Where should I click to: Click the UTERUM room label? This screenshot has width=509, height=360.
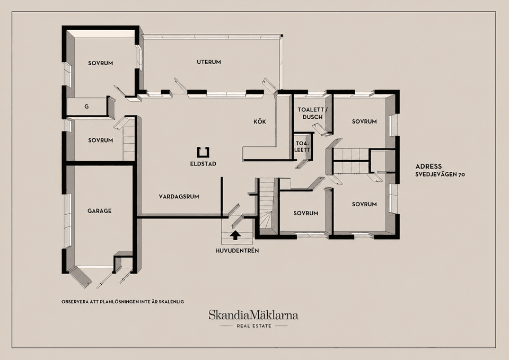pos(209,62)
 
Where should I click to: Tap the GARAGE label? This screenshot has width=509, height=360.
pos(99,210)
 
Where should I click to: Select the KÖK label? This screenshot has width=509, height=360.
pos(260,121)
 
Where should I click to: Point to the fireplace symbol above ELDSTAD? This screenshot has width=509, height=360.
pos(203,152)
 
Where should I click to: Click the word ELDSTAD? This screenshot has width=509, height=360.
pos(203,164)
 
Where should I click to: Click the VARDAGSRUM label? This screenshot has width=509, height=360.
pos(179,196)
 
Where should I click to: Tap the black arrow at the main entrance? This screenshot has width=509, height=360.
pos(235,235)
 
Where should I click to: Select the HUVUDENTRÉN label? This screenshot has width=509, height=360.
pos(238,251)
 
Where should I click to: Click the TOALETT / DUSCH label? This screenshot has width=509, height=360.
pos(311,113)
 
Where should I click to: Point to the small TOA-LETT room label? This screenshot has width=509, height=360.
pos(302,146)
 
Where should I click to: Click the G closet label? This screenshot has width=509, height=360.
pos(86,107)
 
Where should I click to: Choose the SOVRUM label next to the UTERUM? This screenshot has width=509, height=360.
pos(100,63)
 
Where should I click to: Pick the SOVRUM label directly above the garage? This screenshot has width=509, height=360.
pos(100,140)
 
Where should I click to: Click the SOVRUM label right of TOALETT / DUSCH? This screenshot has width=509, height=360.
pos(364,121)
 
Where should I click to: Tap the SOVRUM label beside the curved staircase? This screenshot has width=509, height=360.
pos(306,213)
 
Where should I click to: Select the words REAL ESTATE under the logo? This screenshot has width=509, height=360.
pos(254,326)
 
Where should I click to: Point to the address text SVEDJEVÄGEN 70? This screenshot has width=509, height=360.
pos(440,174)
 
